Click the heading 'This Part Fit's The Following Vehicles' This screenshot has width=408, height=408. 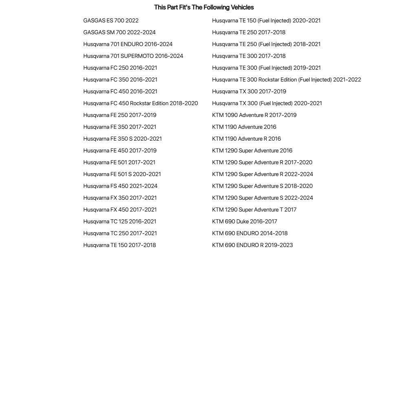pos(204,7)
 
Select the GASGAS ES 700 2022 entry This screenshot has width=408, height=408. pos(111,20)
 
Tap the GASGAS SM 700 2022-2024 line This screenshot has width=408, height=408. pos(119,32)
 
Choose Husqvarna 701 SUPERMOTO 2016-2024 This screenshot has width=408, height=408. pos(133,56)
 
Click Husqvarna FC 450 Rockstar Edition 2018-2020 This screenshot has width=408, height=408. pos(141,103)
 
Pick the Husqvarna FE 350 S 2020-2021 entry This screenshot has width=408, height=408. pos(123,139)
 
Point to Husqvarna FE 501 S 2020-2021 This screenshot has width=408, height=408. pos(122,174)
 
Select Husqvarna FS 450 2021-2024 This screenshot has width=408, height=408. pos(120,186)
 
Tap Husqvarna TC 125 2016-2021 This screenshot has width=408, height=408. pos(120,221)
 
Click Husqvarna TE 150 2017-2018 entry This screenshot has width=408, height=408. pos(119,245)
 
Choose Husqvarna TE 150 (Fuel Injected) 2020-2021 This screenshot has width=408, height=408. pos(266,20)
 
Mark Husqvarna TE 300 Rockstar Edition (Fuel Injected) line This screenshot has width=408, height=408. pos(287,79)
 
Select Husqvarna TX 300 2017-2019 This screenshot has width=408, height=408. pos(249,91)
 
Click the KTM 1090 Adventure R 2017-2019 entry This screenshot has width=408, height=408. pos(254,115)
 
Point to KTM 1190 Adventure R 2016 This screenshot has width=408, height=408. pos(247,139)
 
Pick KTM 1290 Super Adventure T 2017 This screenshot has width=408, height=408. pos(254,210)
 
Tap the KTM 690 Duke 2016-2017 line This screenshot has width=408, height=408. pos(245,221)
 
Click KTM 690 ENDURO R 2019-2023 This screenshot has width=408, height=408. pos(252,245)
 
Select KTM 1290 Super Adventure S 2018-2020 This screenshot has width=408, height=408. pos(262,186)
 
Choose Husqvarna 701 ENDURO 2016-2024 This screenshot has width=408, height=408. pos(128,44)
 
